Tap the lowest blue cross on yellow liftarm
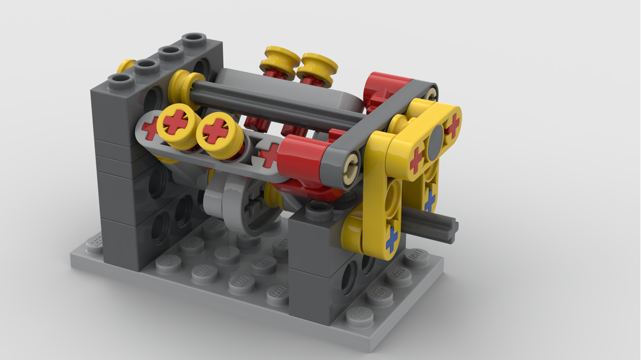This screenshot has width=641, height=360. pyautogui.click(x=390, y=240)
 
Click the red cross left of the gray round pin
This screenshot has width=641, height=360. pyautogui.click(x=416, y=158)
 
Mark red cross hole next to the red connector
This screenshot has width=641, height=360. pyautogui.click(x=269, y=155)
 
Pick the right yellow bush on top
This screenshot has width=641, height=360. pyautogui.click(x=317, y=67)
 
